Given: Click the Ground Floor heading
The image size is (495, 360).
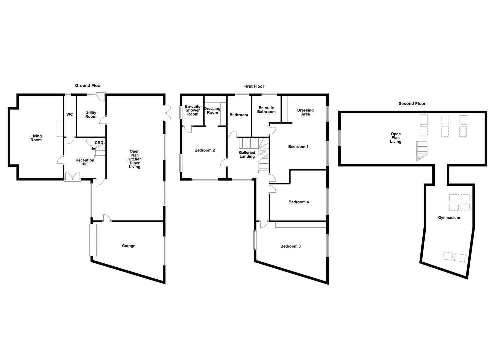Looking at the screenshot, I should [x=88, y=86].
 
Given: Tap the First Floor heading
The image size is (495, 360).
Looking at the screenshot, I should [x=254, y=86].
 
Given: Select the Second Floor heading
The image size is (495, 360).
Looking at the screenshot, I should [x=412, y=104].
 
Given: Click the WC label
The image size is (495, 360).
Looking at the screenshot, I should [x=69, y=115].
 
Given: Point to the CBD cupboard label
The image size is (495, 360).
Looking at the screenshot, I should [x=99, y=143].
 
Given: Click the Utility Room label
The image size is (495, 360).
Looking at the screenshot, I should [x=91, y=115].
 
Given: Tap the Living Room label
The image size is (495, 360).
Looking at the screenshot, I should [x=36, y=138].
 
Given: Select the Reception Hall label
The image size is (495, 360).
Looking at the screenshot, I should [x=85, y=162].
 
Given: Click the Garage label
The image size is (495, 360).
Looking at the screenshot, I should [x=128, y=246].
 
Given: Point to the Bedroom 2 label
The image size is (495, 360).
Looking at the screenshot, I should [x=204, y=150].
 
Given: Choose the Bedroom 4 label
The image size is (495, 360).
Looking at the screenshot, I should [x=298, y=202].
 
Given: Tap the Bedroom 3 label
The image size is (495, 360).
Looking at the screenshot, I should [x=290, y=246].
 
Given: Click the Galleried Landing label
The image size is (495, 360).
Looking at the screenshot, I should [x=247, y=155].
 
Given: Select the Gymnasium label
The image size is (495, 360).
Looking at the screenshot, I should [x=449, y=218].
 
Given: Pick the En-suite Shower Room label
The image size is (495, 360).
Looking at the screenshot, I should [x=193, y=110].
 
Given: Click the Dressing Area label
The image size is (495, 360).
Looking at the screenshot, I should [x=305, y=112].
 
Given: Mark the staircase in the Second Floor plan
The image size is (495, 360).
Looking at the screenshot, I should [x=422, y=151].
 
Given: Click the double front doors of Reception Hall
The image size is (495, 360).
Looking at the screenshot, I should [x=73, y=177].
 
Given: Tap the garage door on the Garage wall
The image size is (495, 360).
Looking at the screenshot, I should [x=93, y=240].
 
